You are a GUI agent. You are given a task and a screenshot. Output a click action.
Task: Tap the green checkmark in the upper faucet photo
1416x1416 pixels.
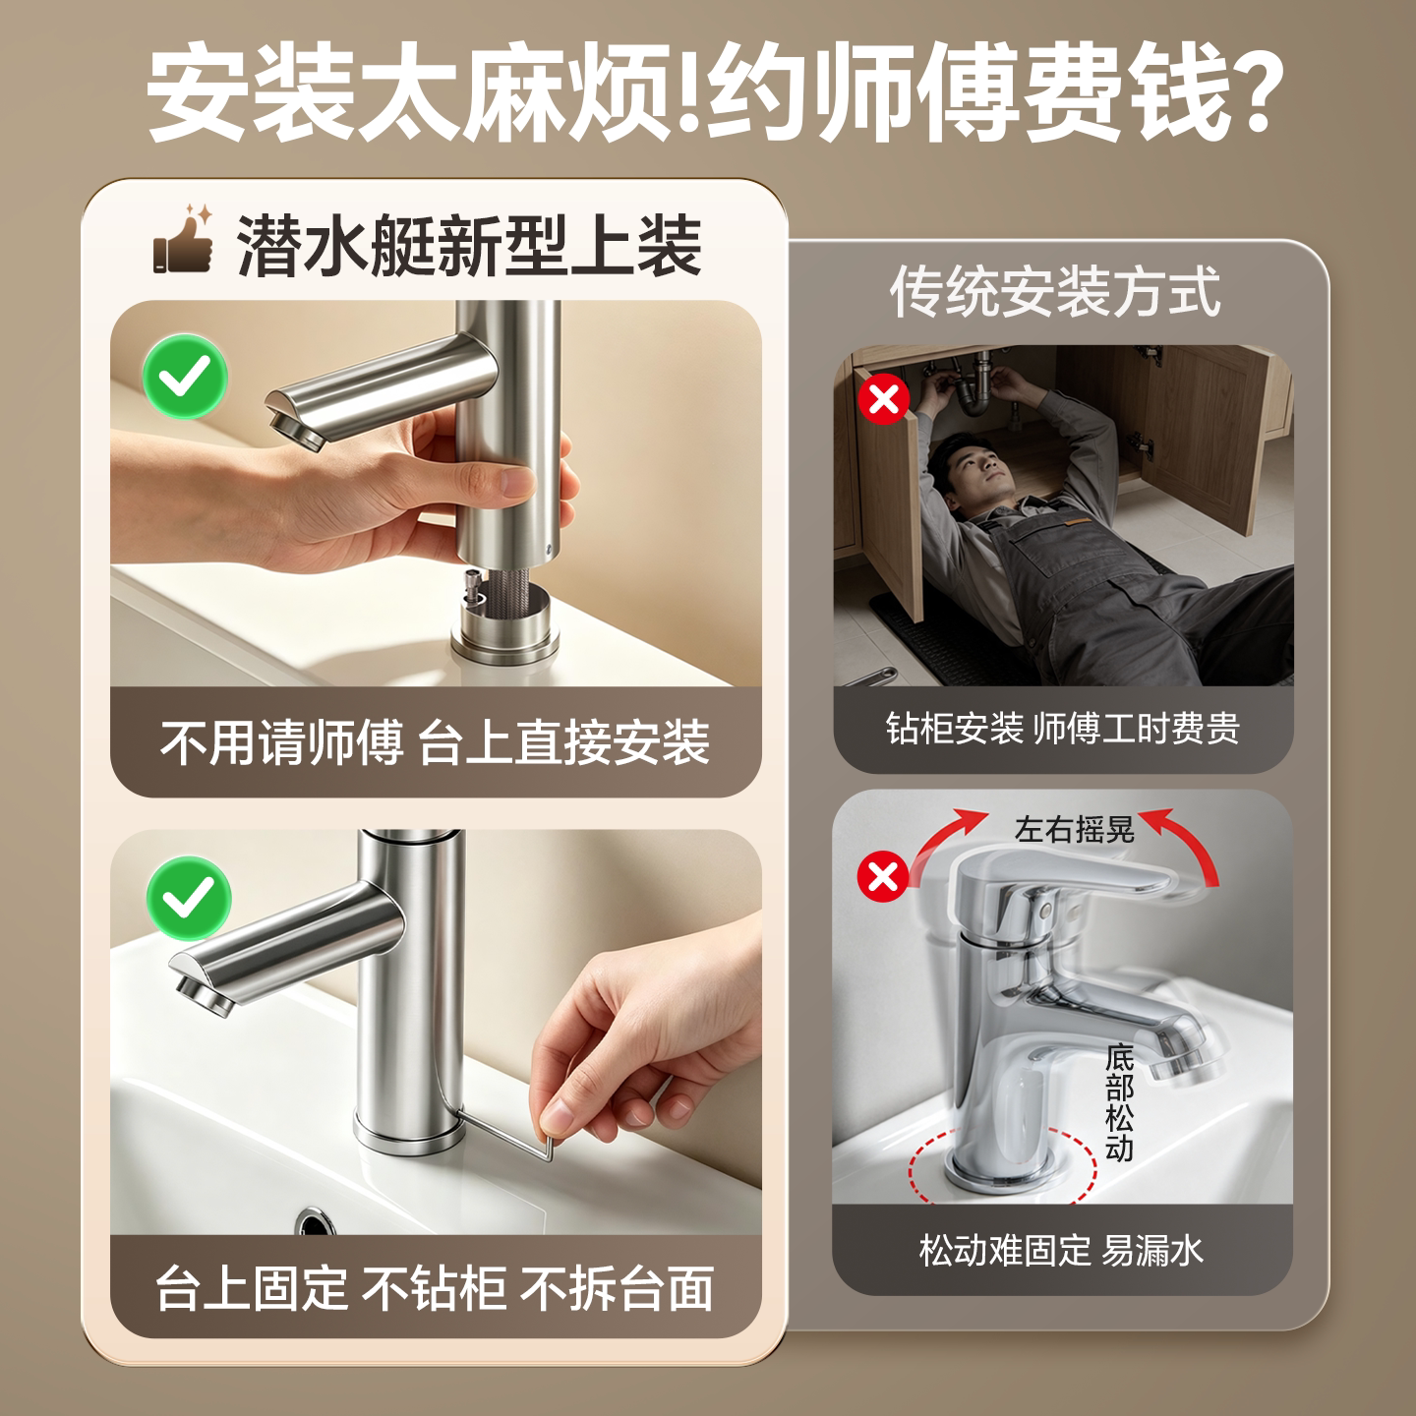click(x=185, y=377)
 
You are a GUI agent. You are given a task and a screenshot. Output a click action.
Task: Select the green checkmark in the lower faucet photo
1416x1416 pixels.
click(x=189, y=898)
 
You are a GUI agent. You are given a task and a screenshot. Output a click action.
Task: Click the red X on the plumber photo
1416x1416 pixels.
click(x=884, y=399)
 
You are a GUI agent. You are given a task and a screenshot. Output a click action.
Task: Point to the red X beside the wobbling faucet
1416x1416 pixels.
click(x=882, y=876)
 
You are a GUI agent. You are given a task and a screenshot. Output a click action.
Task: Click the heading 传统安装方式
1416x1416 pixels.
click(x=1055, y=292)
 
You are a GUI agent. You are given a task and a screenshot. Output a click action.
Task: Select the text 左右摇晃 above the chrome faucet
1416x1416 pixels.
click(x=1075, y=830)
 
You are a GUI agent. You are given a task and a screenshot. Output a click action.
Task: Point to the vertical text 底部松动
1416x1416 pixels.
click(x=1120, y=1102)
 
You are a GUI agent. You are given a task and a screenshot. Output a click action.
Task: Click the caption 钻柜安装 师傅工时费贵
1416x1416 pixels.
click(x=1063, y=729)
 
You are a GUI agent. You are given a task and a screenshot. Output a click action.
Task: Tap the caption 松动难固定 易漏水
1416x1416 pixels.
click(x=1061, y=1250)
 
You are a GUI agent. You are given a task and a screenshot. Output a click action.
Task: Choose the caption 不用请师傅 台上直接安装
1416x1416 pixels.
click(x=435, y=742)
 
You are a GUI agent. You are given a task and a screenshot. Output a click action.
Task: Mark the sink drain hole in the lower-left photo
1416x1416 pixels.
click(x=316, y=1219)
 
